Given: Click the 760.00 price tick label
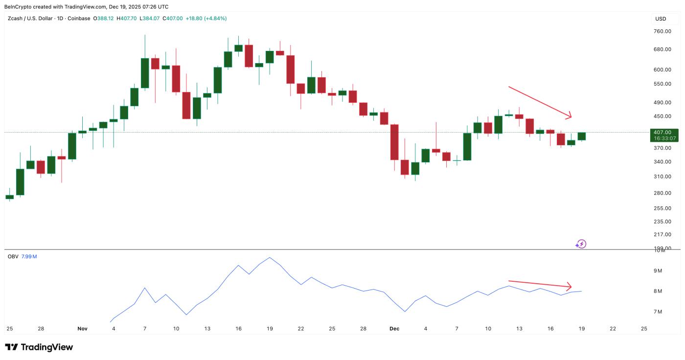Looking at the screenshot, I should click(662, 31).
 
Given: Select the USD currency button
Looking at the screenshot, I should click(661, 19).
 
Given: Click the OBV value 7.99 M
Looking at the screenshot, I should click(29, 256).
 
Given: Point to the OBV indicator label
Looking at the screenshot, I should click(13, 256).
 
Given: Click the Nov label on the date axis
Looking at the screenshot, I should click(82, 329).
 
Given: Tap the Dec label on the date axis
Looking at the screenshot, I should click(394, 329).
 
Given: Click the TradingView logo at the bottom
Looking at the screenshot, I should click(39, 347).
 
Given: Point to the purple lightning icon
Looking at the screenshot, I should click(581, 244).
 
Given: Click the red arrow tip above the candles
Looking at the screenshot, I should click(570, 117).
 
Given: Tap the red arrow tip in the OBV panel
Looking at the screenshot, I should click(570, 287).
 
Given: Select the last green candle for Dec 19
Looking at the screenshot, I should click(581, 136).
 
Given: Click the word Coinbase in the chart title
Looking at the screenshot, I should click(78, 19).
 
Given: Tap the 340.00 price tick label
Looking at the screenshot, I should click(662, 162).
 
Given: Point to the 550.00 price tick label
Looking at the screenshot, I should click(662, 84).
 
